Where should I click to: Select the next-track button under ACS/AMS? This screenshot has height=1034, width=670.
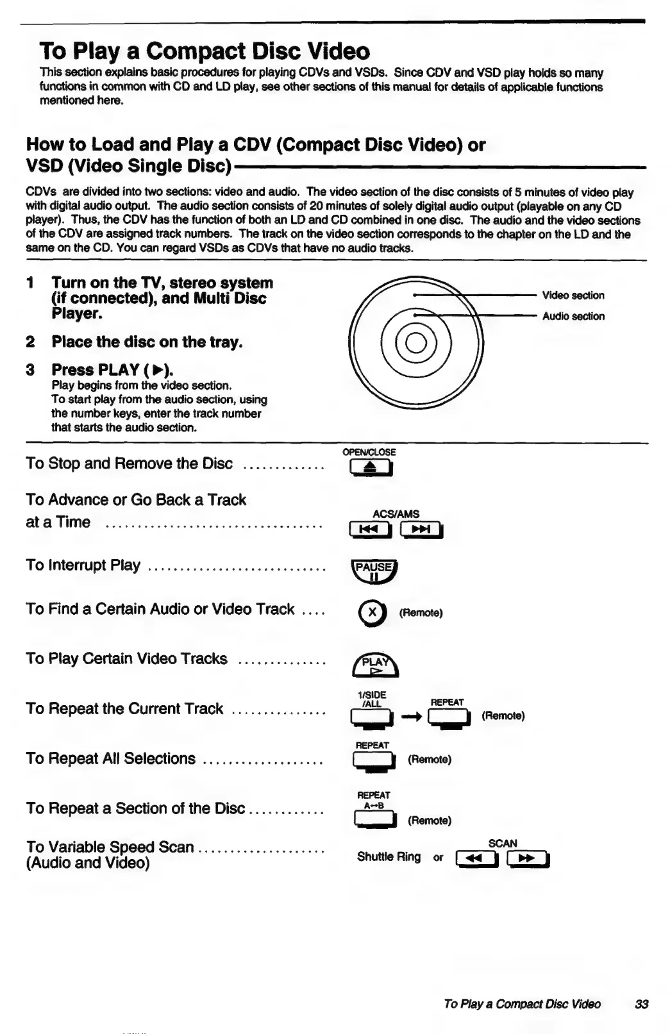(x=421, y=530)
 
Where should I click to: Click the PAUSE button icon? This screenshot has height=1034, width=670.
(x=375, y=571)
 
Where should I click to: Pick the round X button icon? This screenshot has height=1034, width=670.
(x=373, y=613)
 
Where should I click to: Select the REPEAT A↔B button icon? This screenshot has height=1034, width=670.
(x=374, y=820)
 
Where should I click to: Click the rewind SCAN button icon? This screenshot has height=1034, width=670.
(x=476, y=858)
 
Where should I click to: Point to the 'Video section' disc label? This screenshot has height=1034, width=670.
(x=573, y=296)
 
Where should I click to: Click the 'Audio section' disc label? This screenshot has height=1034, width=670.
(x=573, y=316)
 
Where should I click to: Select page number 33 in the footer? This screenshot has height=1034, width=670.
(x=641, y=1004)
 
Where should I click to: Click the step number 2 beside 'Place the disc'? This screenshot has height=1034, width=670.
(x=30, y=342)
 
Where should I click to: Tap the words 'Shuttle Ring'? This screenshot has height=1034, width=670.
(x=389, y=857)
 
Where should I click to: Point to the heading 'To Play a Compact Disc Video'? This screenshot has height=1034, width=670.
(x=205, y=51)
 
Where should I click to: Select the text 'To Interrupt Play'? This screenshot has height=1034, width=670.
(x=83, y=565)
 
